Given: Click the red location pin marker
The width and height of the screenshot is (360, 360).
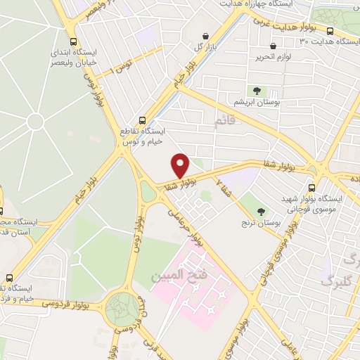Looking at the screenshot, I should [181, 165].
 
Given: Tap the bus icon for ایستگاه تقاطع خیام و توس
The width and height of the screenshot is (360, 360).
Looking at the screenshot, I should [143, 120].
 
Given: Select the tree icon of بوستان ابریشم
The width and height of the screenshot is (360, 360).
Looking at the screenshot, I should [257, 91].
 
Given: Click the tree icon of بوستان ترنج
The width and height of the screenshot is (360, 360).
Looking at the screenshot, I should [262, 211].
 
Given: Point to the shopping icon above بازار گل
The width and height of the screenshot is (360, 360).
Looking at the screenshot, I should [205, 36].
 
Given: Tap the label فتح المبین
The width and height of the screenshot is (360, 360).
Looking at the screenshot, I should [176, 274].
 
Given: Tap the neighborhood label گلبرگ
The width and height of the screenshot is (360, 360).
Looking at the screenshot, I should [335, 280].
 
